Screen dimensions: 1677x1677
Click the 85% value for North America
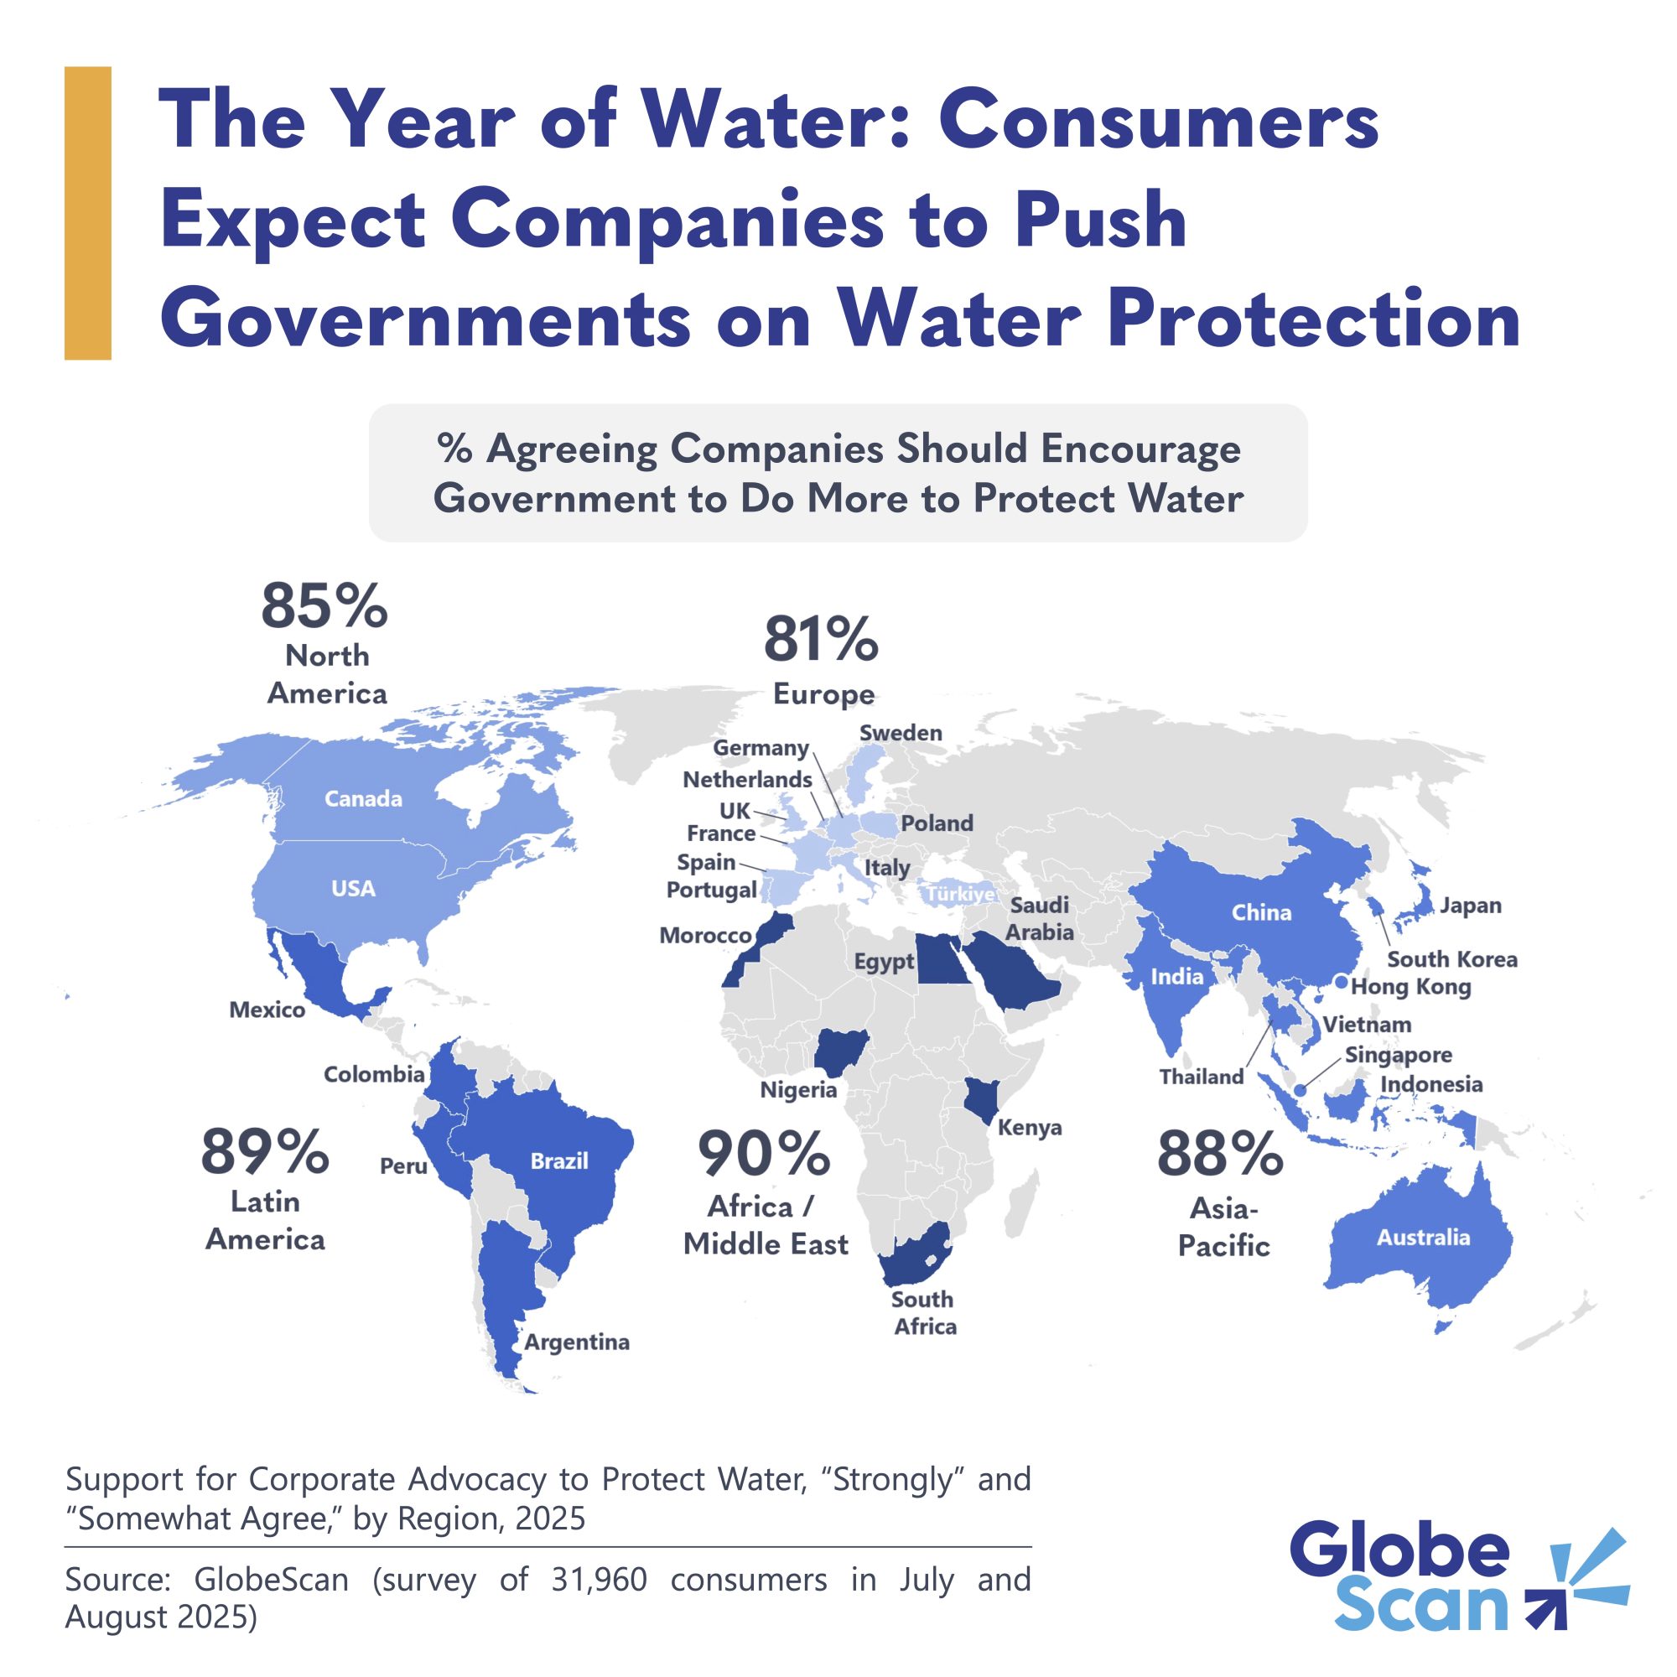click(324, 606)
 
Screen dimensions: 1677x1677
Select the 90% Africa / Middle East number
click(764, 1155)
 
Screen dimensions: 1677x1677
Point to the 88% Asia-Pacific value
click(1219, 1155)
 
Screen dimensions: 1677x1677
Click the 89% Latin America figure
click(265, 1152)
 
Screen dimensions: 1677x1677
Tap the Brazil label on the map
click(559, 1161)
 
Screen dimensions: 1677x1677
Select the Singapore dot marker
click(1300, 1090)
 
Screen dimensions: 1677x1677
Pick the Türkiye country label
click(960, 894)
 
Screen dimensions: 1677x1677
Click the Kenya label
click(1030, 1128)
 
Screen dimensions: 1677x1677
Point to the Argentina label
click(577, 1342)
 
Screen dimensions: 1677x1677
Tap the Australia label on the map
click(1423, 1238)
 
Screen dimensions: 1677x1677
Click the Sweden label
click(900, 733)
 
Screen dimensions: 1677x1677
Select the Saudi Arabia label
click(1040, 918)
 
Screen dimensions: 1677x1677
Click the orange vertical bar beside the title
click(88, 213)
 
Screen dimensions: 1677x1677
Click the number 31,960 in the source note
click(599, 1580)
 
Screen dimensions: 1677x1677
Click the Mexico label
click(267, 1010)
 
